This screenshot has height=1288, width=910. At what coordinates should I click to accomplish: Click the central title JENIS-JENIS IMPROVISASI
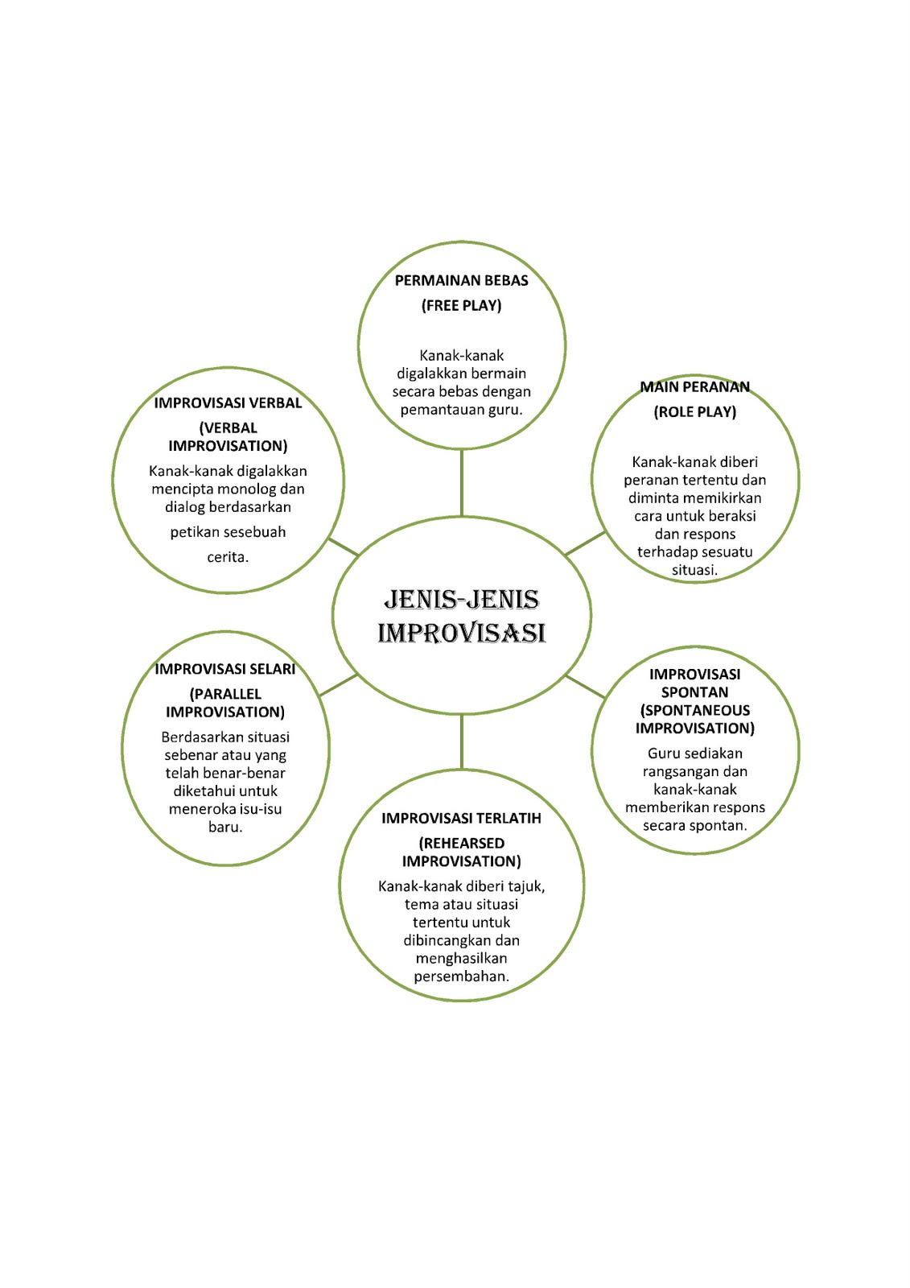[x=462, y=616]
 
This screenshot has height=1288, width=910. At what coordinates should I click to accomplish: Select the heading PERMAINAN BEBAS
[x=461, y=280]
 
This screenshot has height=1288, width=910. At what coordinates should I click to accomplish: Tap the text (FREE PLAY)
[x=461, y=305]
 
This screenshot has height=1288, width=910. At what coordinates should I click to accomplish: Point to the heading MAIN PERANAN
[x=694, y=386]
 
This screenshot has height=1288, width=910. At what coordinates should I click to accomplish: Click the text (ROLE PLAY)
[x=694, y=411]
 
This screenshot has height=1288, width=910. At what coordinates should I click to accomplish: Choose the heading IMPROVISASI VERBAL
[x=228, y=402]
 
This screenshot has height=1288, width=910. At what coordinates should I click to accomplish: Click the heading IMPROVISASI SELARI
[x=225, y=668]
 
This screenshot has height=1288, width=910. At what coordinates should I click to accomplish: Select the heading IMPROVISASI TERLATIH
[x=461, y=818]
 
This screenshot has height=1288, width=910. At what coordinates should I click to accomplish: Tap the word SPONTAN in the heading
[x=694, y=691]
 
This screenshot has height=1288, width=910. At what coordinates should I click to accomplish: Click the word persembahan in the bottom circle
[x=460, y=976]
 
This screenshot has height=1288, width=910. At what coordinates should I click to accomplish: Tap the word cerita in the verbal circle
[x=227, y=556]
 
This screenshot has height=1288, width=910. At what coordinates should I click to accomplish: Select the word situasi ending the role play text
[x=694, y=570]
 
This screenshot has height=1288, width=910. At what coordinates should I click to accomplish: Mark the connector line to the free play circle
[x=462, y=483]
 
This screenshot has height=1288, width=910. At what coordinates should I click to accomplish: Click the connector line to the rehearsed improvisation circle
[x=462, y=741]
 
